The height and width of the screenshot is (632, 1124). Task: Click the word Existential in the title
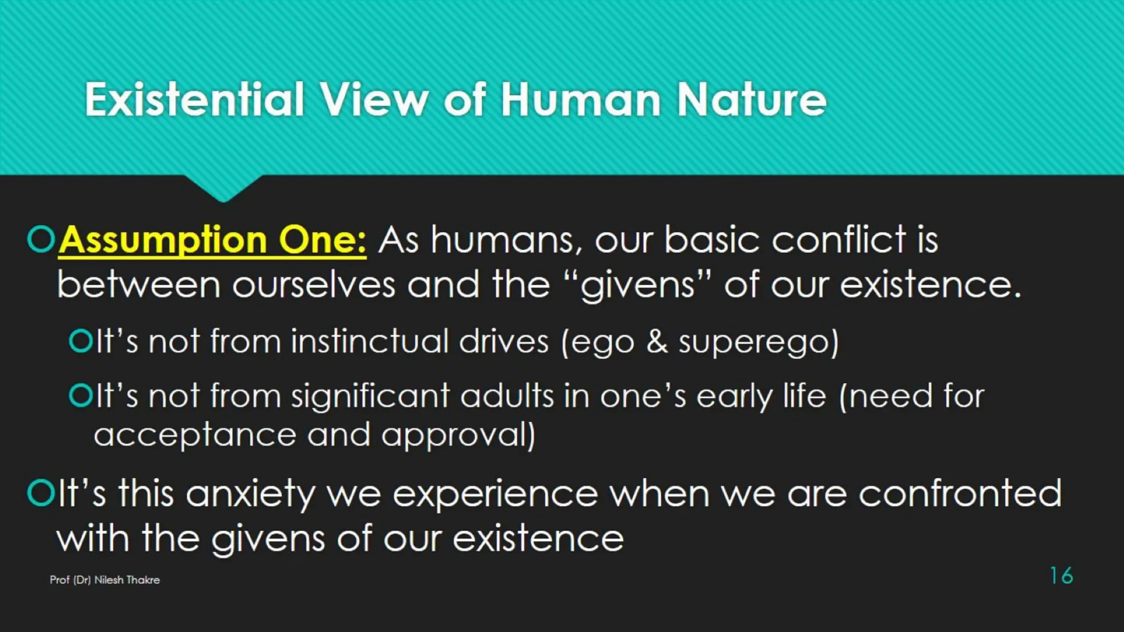194,100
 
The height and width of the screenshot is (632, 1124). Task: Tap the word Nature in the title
751,100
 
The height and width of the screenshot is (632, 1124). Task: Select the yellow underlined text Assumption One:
212,240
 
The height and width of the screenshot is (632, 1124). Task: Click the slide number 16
1061,575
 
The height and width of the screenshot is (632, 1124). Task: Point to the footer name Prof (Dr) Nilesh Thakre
105,580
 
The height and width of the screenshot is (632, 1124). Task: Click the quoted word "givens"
638,285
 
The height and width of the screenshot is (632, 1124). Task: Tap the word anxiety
250,494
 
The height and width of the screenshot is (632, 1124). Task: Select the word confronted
960,493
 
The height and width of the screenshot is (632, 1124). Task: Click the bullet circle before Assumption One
41,239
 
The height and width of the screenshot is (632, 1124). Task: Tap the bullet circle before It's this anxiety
41,493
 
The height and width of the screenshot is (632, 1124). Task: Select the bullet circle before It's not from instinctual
81,341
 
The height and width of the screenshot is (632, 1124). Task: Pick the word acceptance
195,436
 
